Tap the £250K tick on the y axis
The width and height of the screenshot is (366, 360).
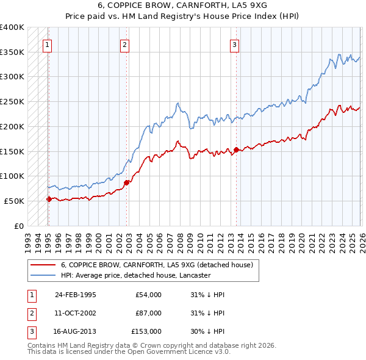click(12, 102)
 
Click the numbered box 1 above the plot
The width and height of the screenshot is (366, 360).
click(48, 44)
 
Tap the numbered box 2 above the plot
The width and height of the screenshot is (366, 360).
click(124, 44)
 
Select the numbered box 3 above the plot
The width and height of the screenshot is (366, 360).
click(234, 44)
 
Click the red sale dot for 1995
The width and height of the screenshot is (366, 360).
click(49, 198)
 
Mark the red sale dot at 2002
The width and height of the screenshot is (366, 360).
click(126, 182)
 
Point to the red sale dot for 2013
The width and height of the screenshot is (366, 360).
click(236, 149)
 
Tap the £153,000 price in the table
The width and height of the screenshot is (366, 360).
click(146, 331)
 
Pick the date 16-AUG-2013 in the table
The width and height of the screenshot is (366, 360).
click(75, 331)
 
